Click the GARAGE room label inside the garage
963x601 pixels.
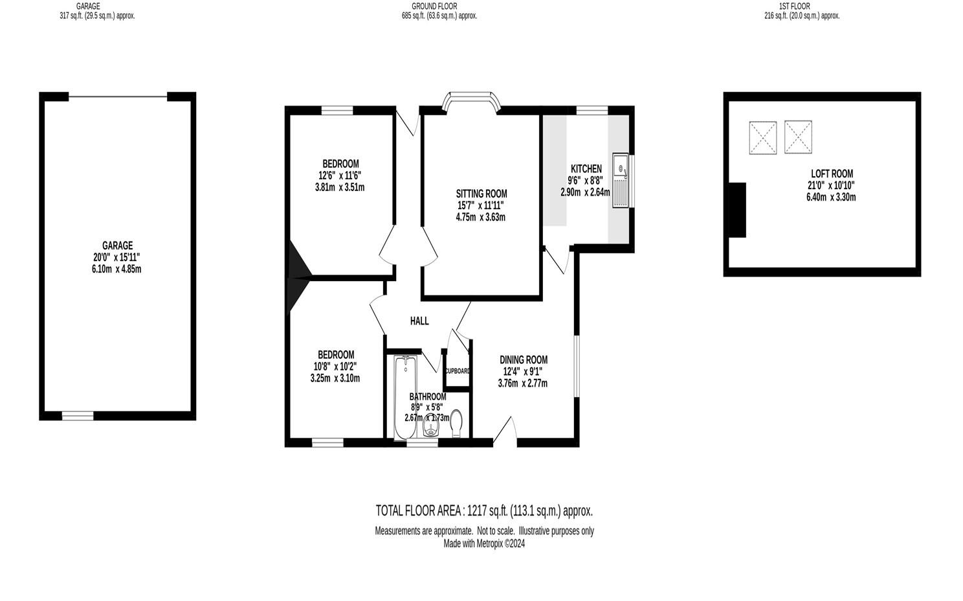[117, 245]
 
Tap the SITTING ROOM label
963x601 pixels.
[481, 194]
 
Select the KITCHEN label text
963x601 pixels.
[586, 169]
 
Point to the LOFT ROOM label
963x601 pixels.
[831, 174]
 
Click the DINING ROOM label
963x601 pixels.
[523, 360]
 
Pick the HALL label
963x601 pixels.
[419, 321]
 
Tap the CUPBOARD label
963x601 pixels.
[457, 371]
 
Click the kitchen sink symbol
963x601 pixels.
[621, 181]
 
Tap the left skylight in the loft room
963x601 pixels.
[762, 138]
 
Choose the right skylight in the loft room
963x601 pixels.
[797, 137]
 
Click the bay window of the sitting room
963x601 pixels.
[472, 101]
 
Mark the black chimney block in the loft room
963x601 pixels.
[736, 210]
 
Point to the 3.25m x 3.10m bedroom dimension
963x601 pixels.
[335, 378]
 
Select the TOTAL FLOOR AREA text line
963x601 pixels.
[484, 511]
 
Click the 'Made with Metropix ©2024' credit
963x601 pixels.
[484, 544]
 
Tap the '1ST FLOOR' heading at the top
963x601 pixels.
[794, 6]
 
